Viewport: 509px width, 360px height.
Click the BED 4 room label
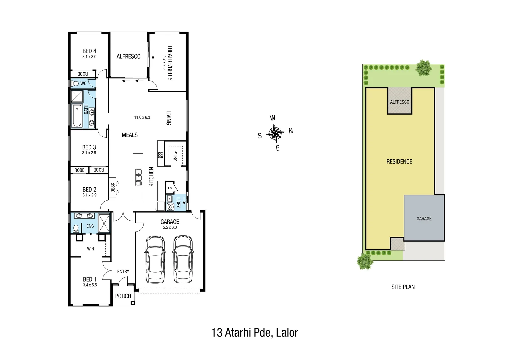tap(89, 51)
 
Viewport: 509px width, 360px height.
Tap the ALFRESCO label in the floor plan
tap(128, 57)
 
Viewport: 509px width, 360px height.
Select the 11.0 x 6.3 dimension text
tap(142, 117)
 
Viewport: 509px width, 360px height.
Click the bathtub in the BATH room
tap(77, 116)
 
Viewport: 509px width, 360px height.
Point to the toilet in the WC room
tap(75, 83)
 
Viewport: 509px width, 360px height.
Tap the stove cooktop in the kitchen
tap(161, 155)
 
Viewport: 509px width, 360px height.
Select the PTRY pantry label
tap(175, 156)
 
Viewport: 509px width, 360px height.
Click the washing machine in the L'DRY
tap(170, 207)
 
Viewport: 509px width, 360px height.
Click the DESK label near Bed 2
tap(113, 187)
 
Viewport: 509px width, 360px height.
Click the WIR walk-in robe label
tap(90, 249)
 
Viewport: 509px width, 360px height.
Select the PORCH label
tap(123, 296)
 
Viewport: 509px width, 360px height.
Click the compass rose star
tap(275, 133)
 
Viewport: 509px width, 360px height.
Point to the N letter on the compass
tap(291, 131)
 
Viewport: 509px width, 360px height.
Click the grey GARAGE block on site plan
tap(424, 218)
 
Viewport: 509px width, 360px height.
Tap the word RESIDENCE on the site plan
tap(399, 162)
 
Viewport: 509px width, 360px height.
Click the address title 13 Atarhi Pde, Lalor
tap(254, 333)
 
